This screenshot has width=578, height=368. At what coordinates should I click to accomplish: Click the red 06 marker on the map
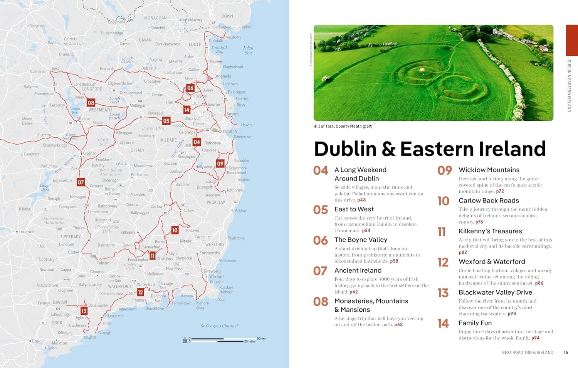click(x=190, y=88)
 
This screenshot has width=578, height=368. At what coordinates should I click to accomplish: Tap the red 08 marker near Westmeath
click(x=91, y=103)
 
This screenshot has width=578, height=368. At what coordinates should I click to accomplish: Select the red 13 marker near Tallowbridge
click(x=84, y=311)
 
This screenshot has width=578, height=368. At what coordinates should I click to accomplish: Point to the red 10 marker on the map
click(x=175, y=230)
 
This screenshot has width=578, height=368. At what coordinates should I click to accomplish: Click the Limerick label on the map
click(x=27, y=232)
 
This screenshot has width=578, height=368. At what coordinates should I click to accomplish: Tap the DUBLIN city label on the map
click(x=230, y=132)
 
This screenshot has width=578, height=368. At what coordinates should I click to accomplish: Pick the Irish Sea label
click(x=248, y=51)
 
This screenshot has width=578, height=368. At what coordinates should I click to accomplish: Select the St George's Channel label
click(x=219, y=326)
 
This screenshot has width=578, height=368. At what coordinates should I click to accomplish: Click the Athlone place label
click(x=83, y=119)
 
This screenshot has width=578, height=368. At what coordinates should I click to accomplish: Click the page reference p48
click(x=361, y=200)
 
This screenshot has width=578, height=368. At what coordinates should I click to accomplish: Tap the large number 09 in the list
click(x=445, y=170)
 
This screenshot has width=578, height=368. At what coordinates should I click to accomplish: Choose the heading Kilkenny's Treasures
click(x=490, y=231)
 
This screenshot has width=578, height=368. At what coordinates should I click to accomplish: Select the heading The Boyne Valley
click(x=361, y=240)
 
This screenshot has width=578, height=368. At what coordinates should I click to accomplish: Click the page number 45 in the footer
click(x=566, y=352)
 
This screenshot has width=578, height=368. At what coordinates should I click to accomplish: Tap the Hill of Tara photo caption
click(x=343, y=126)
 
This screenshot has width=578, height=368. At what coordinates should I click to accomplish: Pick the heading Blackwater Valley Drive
click(x=495, y=292)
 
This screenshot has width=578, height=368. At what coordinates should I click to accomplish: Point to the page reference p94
click(x=535, y=338)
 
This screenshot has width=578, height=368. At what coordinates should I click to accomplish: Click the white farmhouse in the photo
click(x=544, y=48)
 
